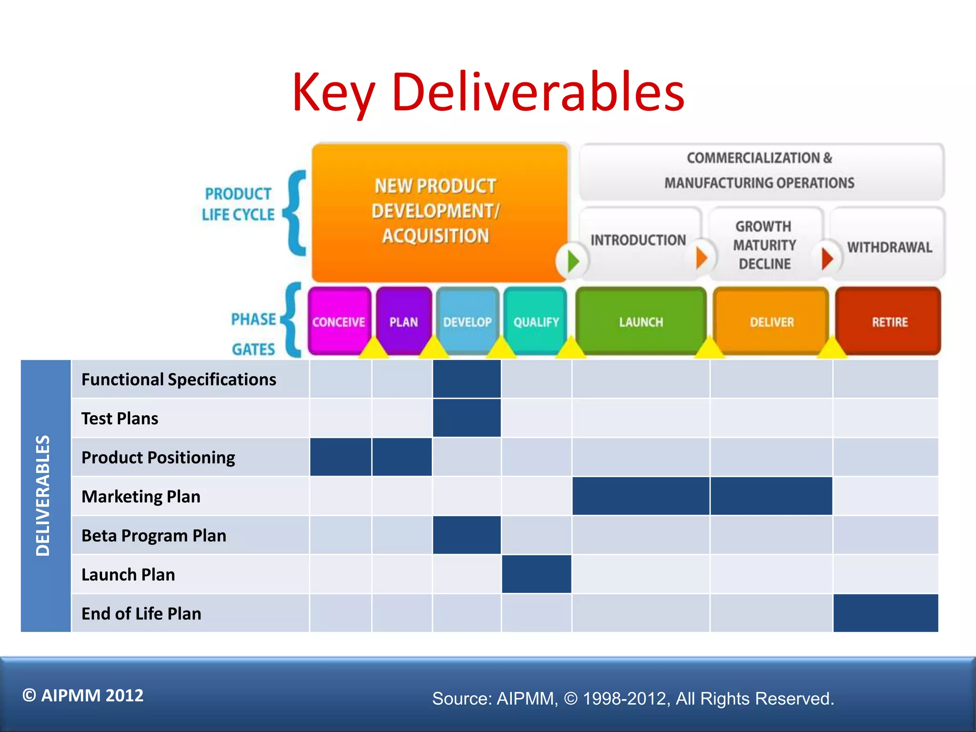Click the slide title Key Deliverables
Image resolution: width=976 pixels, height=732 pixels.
[488, 91]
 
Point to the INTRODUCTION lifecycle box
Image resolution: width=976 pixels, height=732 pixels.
[639, 240]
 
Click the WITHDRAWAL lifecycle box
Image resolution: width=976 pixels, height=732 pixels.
[889, 247]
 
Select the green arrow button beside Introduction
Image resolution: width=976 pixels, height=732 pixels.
[572, 261]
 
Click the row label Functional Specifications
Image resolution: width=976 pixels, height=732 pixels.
[179, 379]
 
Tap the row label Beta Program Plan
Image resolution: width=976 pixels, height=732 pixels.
[153, 536]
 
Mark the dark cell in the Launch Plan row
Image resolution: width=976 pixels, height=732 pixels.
[536, 574]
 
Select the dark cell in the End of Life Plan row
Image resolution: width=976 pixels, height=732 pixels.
[885, 613]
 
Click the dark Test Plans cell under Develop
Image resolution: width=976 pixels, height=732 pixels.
[467, 418]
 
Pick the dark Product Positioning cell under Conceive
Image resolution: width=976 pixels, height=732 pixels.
[340, 457]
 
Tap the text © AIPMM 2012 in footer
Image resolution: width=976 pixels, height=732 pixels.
[83, 695]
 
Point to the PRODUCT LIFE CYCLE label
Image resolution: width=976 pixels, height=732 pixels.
[238, 204]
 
